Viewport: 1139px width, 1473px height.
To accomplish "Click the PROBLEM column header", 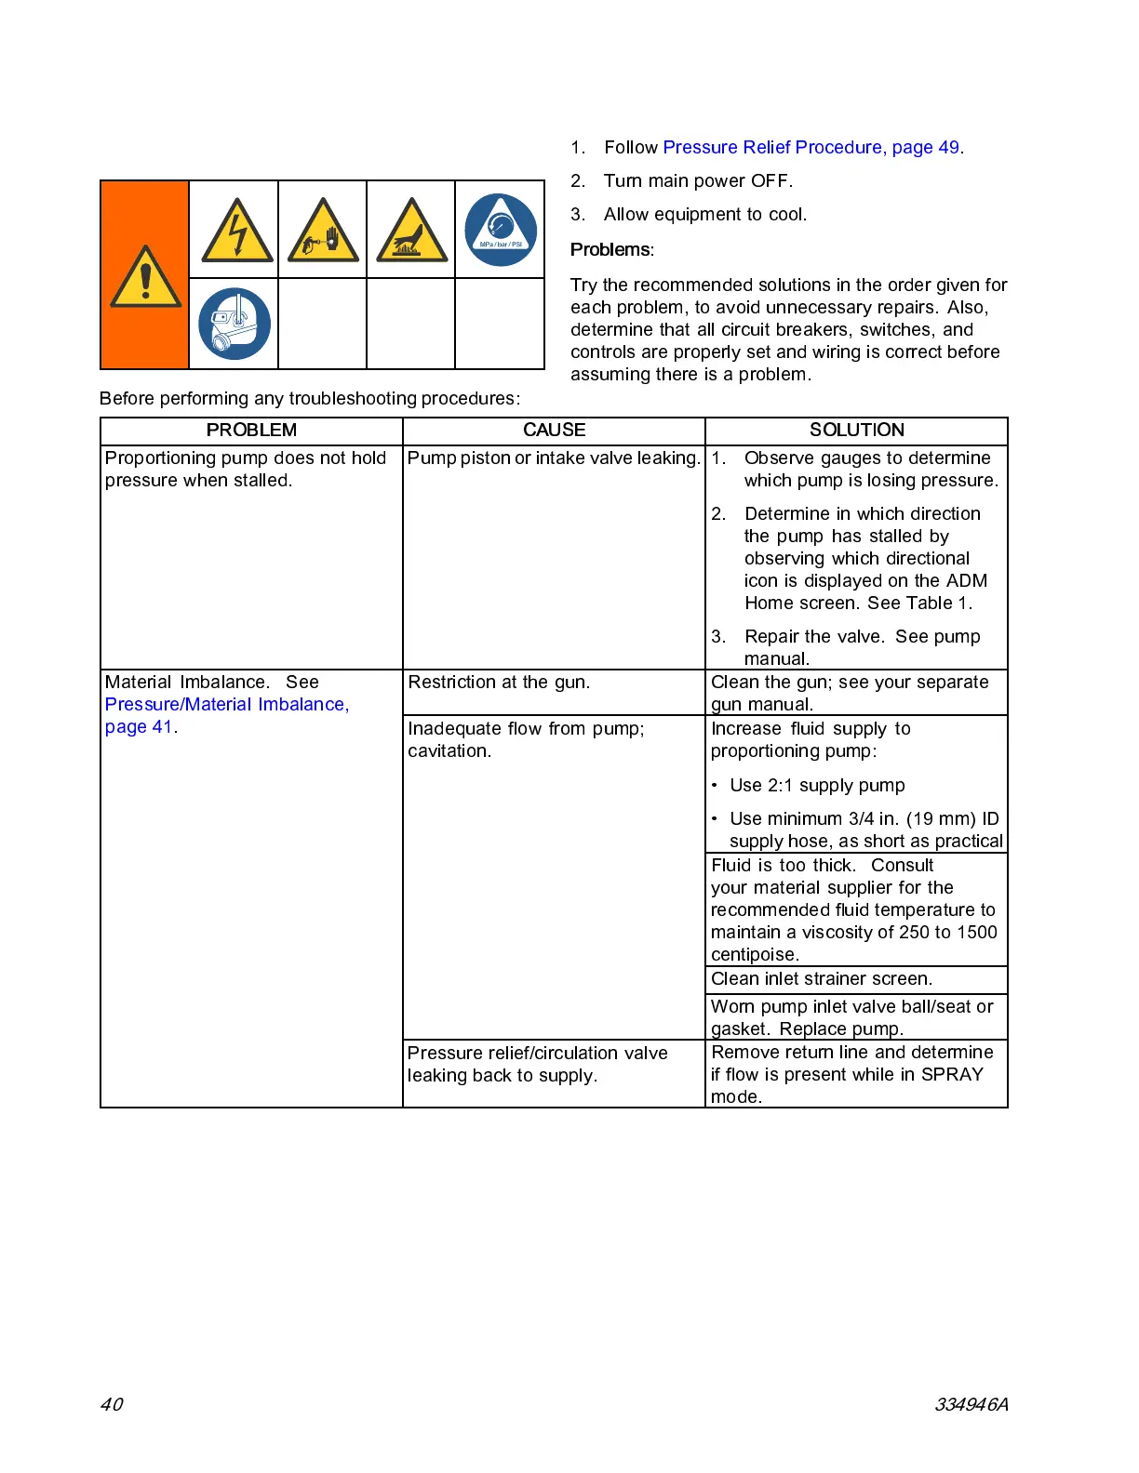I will point(251,430).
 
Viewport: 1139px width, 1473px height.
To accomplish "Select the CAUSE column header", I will point(554,430).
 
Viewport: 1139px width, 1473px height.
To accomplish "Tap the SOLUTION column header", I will point(856,430).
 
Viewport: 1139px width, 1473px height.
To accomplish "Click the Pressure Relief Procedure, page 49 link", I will point(811,147).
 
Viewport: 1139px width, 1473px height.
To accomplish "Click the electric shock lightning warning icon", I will point(237,230).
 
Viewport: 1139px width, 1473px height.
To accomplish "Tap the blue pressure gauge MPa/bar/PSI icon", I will point(500,230).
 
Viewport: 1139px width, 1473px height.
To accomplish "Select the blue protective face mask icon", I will point(234,324).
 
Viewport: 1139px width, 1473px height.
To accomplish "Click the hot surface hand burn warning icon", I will point(411,230).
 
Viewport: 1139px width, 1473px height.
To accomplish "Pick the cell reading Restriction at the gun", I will point(499,683).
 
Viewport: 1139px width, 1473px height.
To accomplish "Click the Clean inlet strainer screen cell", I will point(822,978).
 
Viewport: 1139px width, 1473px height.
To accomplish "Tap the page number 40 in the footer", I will point(112,1404).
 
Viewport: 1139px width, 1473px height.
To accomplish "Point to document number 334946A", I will point(971,1404).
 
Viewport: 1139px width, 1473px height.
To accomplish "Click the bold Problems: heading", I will point(612,249).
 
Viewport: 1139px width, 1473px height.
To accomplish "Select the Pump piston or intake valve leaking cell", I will point(554,458).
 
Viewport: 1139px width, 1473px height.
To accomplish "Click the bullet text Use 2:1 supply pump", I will point(816,785).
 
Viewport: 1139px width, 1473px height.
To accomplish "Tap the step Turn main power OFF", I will point(698,180).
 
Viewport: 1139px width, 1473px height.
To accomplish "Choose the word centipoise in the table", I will point(755,955).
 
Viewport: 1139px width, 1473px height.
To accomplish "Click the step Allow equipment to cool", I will point(704,214).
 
